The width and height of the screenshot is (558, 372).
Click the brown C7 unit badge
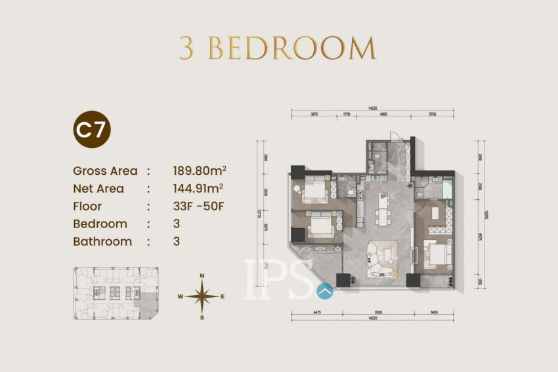[x=91, y=129]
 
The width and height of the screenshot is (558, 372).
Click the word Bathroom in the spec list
[x=102, y=241]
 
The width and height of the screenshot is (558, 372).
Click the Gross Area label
[x=105, y=171]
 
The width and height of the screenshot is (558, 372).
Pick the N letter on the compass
[x=202, y=275]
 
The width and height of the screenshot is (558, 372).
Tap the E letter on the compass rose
[x=223, y=297]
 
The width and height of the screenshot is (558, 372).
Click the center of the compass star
[x=202, y=296]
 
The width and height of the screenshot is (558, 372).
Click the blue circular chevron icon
[x=324, y=290]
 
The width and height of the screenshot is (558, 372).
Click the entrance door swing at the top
[x=395, y=136]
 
